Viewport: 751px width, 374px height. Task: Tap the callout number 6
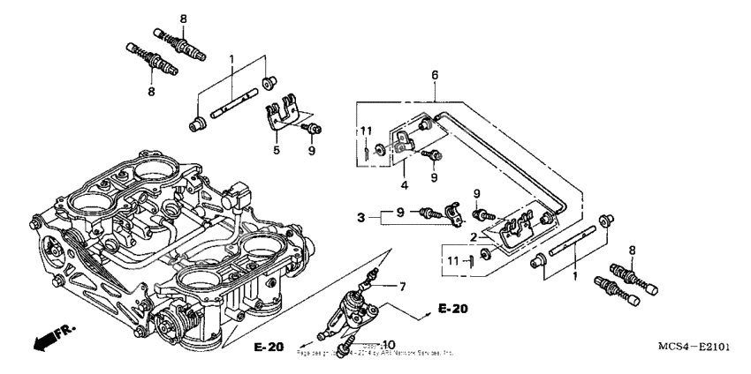click(434, 77)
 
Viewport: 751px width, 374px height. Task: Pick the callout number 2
click(474, 238)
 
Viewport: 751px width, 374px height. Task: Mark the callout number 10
click(390, 343)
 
